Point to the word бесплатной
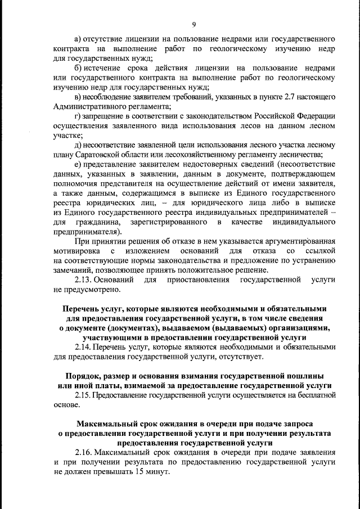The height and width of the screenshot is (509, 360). [x=314, y=395]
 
